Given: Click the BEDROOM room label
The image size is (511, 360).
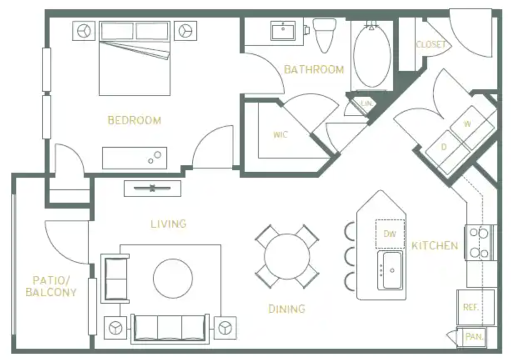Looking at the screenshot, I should pos(134,121).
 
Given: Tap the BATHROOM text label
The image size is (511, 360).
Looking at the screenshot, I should pos(314,69).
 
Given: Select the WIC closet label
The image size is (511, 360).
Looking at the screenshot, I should pos(280,135).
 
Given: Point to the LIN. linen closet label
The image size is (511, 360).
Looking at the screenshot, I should pos(366,103).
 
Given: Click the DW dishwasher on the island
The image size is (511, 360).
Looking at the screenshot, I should pos(390,234).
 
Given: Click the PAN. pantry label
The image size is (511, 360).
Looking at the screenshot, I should pos(473,337).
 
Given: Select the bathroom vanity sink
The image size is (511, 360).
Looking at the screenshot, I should pos(283,30).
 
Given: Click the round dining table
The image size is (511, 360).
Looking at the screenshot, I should pos(287,256).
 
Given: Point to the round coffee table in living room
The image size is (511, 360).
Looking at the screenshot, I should pos(173,278).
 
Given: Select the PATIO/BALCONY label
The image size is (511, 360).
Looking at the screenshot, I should pos(51,286).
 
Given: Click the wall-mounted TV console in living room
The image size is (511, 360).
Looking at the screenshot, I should pos(153,188).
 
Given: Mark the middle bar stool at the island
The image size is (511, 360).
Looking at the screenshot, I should pos(349,256).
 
